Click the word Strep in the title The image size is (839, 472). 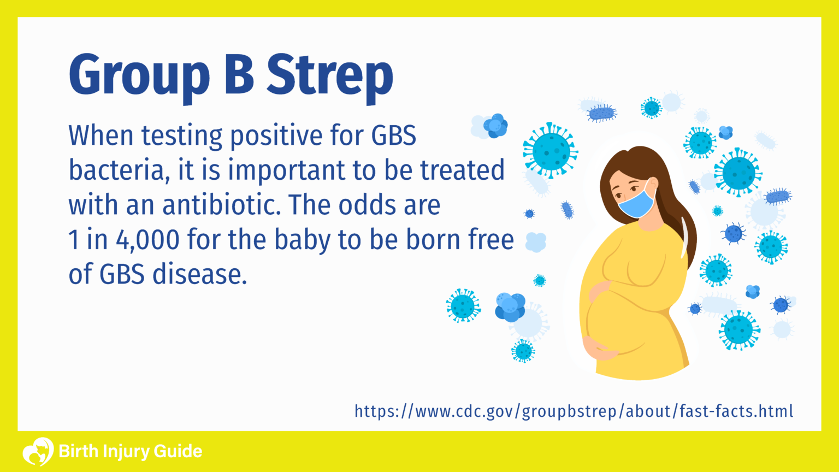[x=329, y=76]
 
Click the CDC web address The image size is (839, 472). [x=574, y=411]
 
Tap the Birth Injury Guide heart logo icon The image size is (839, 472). [x=38, y=451]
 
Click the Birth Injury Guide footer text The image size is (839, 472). [x=130, y=452]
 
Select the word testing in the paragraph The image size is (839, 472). [x=182, y=136]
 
